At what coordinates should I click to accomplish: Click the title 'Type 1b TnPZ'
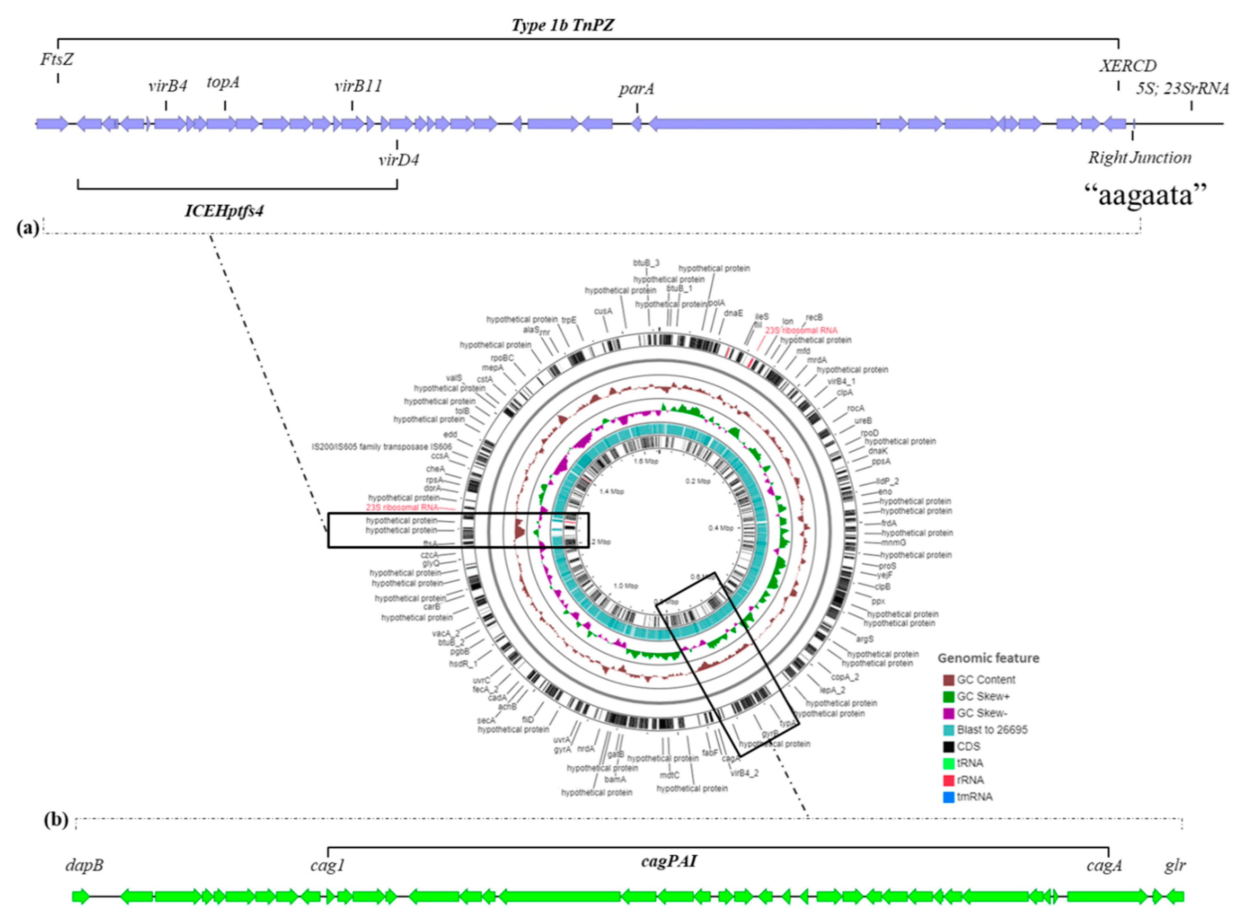563,25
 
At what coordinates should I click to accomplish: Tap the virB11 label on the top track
358,87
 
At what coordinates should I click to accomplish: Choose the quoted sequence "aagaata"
1145,195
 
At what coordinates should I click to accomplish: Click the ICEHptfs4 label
224,211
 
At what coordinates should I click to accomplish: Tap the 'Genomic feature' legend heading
988,658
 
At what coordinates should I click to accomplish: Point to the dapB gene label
84,865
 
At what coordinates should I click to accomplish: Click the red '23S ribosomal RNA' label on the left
402,507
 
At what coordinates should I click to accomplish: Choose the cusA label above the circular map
603,311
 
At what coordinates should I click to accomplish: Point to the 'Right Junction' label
1139,158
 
